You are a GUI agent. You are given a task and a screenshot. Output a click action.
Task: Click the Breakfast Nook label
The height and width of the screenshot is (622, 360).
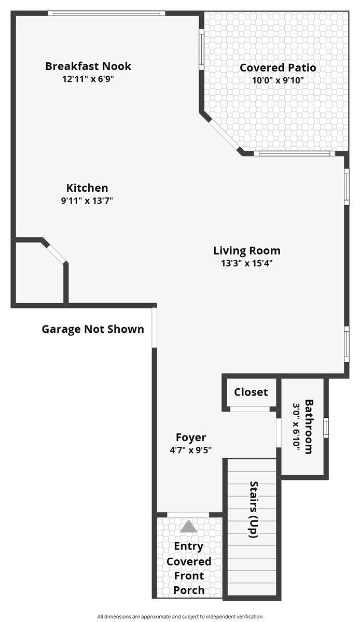[88, 66]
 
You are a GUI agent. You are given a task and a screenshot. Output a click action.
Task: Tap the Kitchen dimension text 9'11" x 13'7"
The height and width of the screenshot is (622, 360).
[87, 201]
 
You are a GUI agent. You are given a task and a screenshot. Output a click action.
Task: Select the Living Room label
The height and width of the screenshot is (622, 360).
[247, 251]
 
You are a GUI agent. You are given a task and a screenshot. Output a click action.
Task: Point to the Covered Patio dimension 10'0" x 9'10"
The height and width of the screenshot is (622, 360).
[278, 80]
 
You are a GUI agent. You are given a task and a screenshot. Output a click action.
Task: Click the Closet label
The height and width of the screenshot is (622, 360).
[251, 392]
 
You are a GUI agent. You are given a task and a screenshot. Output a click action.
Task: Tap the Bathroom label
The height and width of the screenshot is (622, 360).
[309, 426]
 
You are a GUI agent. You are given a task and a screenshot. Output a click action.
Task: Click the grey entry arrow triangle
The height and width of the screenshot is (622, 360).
[189, 527]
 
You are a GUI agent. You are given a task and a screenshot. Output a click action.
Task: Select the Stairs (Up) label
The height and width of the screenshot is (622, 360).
[254, 510]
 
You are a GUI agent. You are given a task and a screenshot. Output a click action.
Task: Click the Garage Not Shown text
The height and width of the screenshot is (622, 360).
[93, 329]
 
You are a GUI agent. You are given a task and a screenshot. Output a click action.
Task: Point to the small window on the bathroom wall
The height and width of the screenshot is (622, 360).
[326, 427]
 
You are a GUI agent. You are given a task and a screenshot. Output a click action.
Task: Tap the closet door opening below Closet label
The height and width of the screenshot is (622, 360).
[251, 409]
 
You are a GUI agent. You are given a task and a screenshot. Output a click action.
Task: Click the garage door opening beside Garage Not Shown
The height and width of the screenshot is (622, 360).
[154, 328]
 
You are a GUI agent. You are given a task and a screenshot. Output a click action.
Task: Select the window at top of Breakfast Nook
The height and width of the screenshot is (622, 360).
[106, 13]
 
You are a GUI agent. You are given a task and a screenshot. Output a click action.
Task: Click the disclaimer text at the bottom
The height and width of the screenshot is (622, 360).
[180, 616]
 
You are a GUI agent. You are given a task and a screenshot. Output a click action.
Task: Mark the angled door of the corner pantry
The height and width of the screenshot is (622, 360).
[54, 252]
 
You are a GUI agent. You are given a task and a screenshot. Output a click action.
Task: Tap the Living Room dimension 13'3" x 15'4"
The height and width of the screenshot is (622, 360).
[247, 263]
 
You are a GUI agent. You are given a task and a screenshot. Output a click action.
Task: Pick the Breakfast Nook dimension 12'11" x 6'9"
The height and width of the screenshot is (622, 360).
[88, 79]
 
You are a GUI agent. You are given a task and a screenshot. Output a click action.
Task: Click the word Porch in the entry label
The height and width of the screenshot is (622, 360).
[189, 590]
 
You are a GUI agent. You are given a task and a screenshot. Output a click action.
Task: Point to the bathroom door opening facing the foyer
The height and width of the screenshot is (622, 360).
[279, 432]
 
